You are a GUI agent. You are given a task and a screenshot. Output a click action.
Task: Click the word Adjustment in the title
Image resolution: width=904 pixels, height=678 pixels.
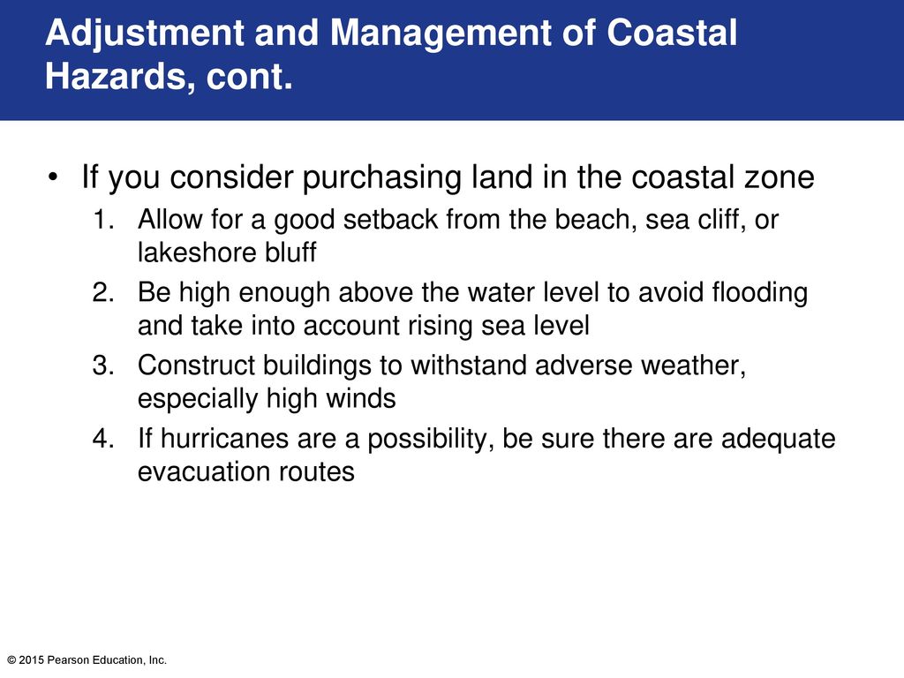[145, 33]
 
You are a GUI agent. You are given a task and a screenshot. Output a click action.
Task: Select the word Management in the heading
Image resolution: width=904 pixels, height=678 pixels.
[441, 34]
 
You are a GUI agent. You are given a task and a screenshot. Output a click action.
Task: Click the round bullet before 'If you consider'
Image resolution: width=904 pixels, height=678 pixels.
[53, 177]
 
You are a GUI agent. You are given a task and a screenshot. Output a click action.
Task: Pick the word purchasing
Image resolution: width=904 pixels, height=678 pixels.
[382, 177]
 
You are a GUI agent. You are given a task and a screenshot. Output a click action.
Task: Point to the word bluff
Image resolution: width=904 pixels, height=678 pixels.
[290, 252]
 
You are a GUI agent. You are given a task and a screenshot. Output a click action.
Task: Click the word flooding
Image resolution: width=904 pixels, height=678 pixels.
[759, 293]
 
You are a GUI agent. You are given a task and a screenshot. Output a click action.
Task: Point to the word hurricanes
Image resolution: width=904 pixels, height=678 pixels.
[224, 439]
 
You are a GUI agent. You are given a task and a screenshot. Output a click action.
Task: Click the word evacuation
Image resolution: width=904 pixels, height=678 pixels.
[204, 472]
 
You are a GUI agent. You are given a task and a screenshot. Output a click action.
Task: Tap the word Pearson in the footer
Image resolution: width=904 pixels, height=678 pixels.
[68, 660]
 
